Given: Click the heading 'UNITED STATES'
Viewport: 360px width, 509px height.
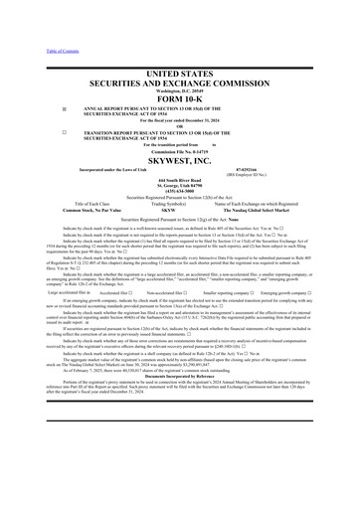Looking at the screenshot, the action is pos(179,61).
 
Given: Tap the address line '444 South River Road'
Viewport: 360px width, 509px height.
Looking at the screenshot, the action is pos(179,193).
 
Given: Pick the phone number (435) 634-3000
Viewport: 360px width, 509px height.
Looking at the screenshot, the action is pos(179,205).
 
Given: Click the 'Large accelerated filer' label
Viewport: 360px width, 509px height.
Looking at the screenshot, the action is pos(47,321).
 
